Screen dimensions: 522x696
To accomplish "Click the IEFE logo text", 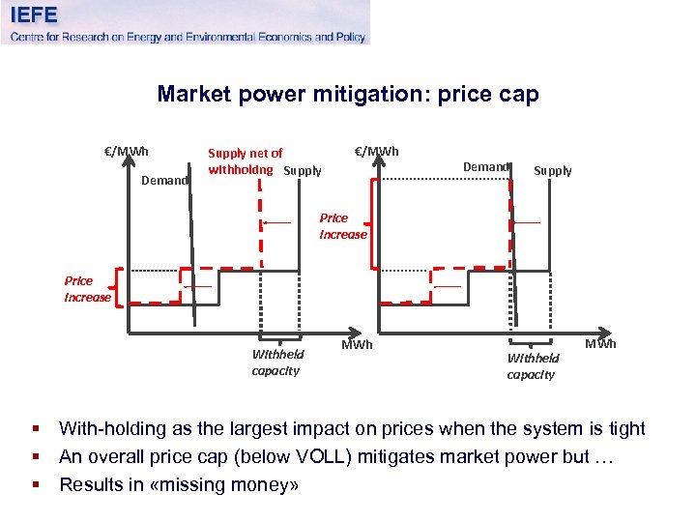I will point(35,14).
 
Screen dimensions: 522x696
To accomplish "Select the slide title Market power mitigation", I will point(347,94).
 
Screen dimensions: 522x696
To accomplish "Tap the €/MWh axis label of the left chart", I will point(127,151).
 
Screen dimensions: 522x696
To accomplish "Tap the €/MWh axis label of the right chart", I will point(376,151).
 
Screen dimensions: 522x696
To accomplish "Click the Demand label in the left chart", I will point(164,180).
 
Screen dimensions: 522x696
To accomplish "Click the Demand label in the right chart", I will point(485,167).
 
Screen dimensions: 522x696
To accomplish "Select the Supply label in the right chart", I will point(553,171).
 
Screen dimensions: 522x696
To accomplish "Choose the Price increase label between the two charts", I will point(343,226).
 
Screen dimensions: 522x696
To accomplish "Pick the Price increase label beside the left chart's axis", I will point(87,289).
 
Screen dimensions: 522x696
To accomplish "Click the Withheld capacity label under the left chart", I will point(276,362).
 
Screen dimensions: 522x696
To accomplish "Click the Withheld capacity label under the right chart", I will point(533,366).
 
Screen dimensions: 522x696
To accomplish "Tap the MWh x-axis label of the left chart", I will point(357,345).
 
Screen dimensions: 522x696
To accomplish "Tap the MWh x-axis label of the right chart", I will point(600,344).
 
